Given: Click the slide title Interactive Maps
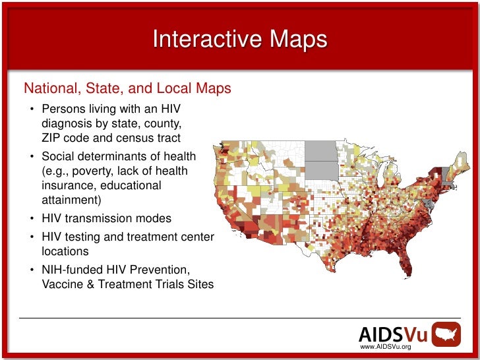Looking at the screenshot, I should click(239, 40).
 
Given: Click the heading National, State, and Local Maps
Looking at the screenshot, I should click(127, 88).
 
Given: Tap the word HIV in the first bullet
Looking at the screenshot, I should click(167, 108).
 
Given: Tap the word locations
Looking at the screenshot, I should click(65, 251).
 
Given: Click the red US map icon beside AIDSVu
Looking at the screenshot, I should click(447, 334).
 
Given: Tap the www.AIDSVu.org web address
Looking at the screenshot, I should click(385, 347).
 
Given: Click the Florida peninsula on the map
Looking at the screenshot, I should click(406, 264).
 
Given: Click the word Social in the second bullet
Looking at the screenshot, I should click(58, 156).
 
